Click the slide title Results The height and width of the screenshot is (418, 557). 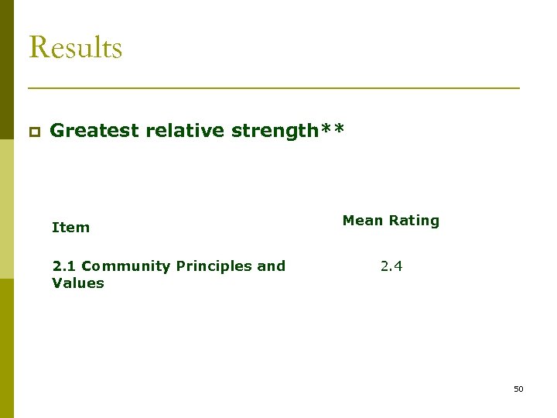75,47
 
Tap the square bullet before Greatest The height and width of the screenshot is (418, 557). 34,132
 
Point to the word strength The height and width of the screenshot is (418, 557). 274,131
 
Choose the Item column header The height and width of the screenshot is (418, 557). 70,228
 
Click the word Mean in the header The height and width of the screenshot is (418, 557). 363,221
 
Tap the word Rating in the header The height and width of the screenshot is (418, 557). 414,221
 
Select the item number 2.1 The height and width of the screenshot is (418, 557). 64,266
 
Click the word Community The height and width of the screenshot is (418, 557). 125,266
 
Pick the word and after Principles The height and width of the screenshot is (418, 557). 271,266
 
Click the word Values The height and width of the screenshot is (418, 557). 77,283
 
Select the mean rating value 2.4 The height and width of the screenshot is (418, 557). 391,266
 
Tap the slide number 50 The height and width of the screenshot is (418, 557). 518,389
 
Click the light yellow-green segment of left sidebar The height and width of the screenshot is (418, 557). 6,194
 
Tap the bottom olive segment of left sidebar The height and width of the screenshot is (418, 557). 6,348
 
